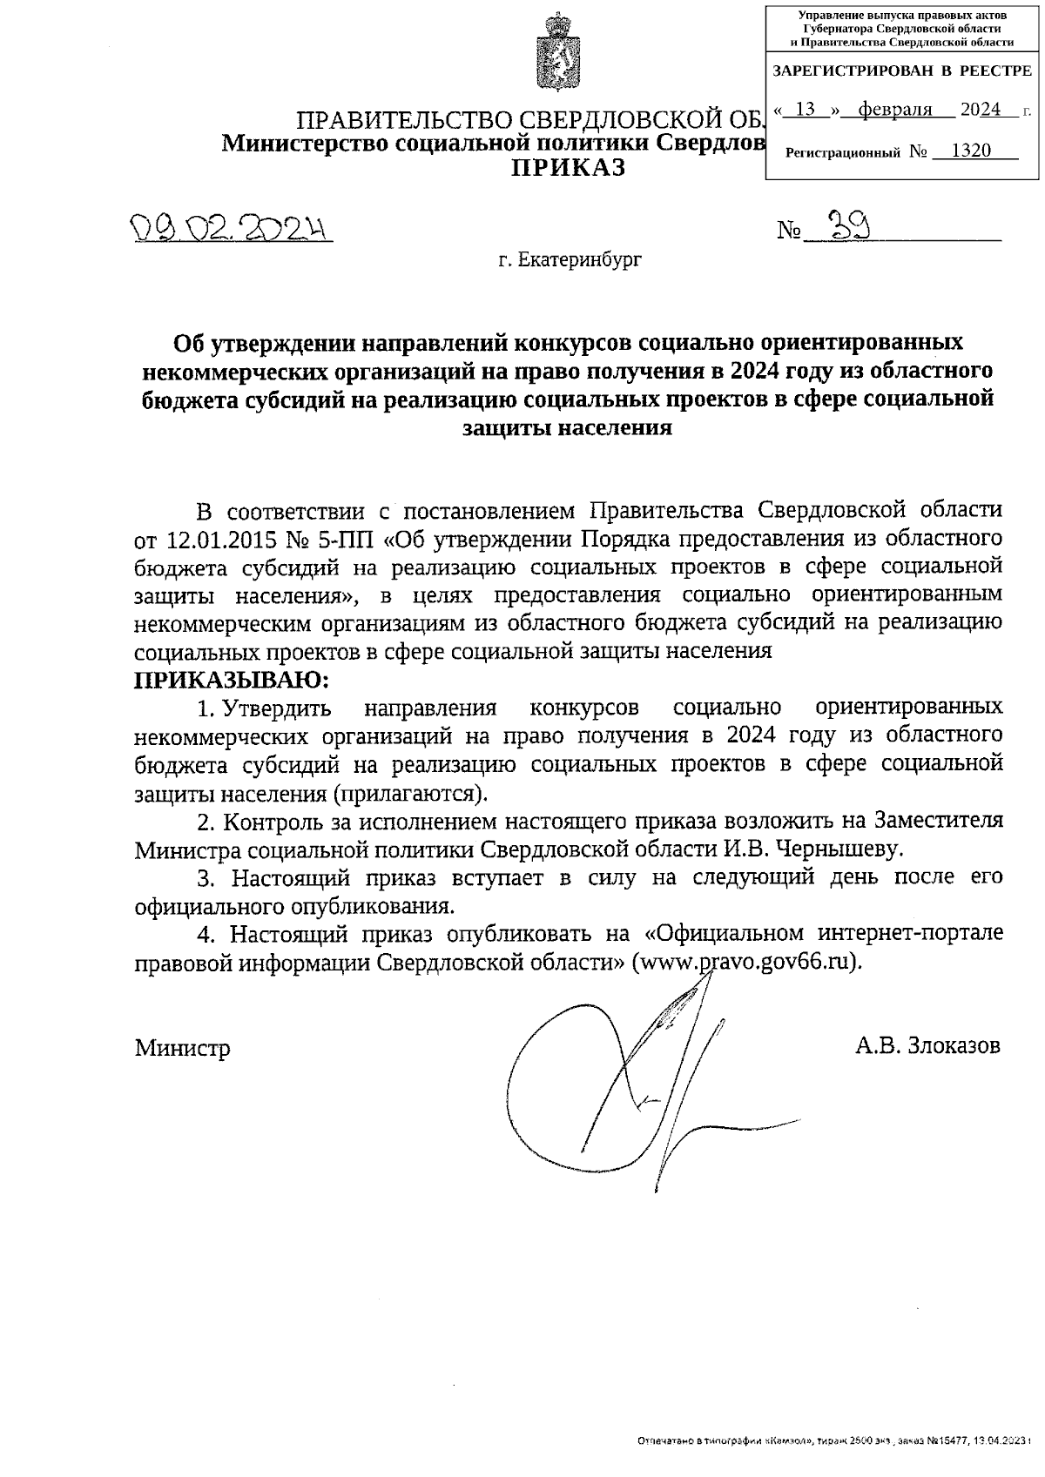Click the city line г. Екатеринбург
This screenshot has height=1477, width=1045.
pos(570,259)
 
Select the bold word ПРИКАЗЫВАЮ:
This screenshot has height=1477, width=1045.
pos(233,679)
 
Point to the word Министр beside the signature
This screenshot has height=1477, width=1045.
pos(182,1048)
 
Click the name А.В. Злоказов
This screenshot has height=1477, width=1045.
pos(927,1044)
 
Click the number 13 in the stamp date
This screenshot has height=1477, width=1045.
pos(806,110)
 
